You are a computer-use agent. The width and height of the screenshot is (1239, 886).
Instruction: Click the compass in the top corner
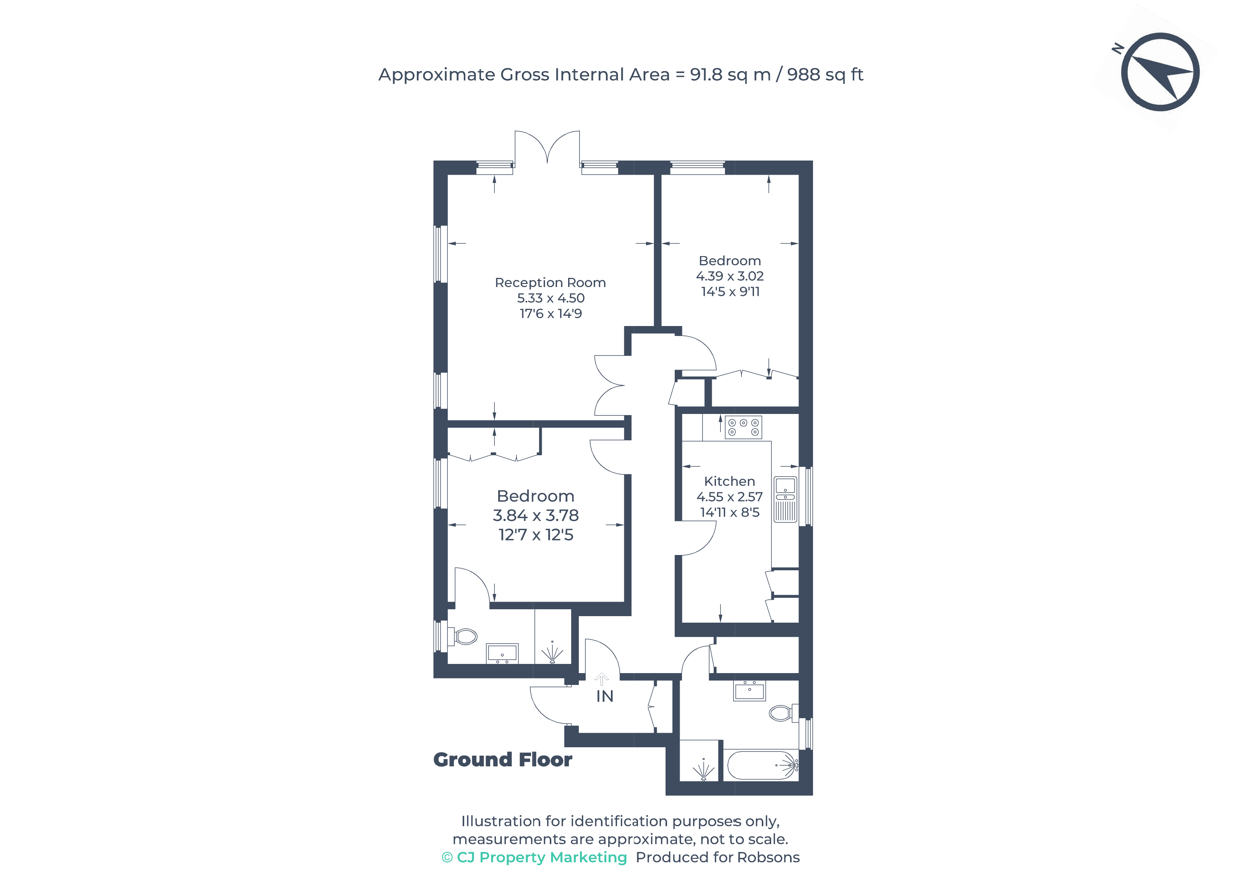click(1160, 72)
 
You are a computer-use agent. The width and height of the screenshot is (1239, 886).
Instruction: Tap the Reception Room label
click(550, 282)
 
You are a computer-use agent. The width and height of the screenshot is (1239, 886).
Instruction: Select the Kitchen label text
click(730, 481)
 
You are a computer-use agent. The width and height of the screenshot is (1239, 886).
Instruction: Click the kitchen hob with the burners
click(743, 427)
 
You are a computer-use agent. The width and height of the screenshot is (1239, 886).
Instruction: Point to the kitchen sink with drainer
click(785, 499)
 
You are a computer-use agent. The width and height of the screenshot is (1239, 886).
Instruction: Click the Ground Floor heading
click(503, 759)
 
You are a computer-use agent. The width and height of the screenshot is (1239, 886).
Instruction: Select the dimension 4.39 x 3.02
click(730, 276)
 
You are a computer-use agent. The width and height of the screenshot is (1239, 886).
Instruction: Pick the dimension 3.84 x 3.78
click(536, 515)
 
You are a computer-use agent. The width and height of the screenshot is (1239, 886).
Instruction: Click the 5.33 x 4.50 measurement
click(551, 298)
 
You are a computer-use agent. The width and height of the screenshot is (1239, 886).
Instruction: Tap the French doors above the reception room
click(547, 147)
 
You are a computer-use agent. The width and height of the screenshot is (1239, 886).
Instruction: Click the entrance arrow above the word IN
click(601, 679)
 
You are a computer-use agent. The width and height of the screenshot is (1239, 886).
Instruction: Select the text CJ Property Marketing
click(542, 858)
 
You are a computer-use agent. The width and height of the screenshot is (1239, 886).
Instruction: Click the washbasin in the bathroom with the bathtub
click(750, 691)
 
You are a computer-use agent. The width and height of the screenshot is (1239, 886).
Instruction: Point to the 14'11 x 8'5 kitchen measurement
click(730, 512)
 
